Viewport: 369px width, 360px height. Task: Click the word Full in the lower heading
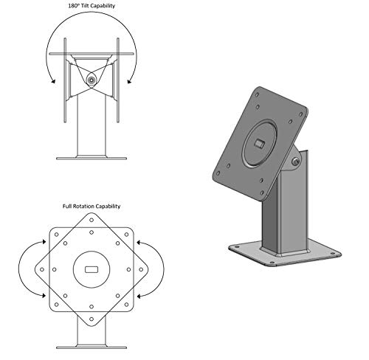pos(70,207)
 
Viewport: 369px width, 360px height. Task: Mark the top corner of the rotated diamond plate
pos(91,215)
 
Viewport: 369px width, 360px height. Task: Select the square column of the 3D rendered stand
pos(288,214)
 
